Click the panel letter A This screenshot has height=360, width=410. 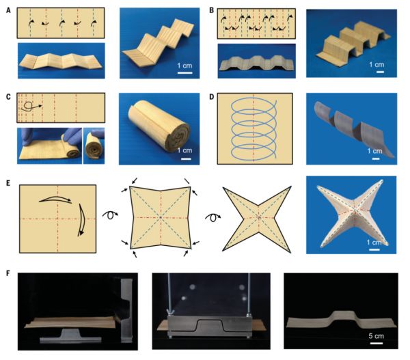point(9,11)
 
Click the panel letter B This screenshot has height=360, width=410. point(212,10)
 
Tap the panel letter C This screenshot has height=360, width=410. point(9,97)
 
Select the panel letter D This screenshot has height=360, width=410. point(212,97)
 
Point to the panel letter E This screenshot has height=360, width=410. point(8,183)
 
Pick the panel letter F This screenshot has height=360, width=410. point(8,273)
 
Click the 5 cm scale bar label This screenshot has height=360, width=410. point(377,336)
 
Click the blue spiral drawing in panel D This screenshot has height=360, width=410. point(254,128)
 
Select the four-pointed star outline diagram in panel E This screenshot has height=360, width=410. point(257,219)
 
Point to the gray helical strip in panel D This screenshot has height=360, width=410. point(354,130)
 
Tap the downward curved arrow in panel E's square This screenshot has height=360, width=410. point(81,220)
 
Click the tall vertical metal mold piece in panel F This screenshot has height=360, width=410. point(127,310)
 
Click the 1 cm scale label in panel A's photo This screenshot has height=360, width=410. point(184,66)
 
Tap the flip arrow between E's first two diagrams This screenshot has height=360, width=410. point(110,215)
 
